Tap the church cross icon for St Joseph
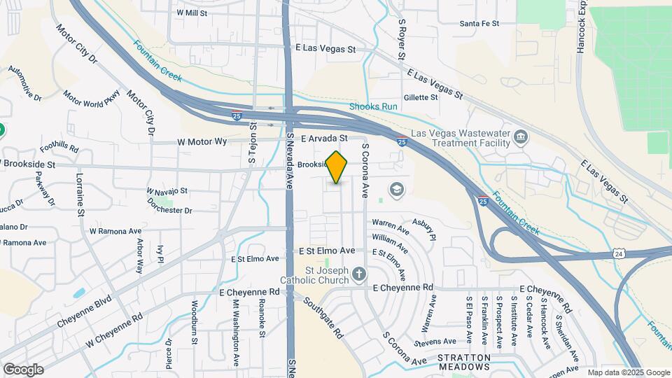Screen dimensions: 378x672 point(358,274)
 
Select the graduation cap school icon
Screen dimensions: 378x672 point(396,189)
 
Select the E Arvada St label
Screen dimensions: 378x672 point(324,139)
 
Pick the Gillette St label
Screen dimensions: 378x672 point(421,97)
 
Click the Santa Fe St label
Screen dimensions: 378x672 point(479,23)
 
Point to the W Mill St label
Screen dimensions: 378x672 point(192,13)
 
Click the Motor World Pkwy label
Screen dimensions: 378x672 point(92,99)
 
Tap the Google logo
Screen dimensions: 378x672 point(23,369)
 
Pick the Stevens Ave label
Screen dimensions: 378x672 point(434,342)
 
